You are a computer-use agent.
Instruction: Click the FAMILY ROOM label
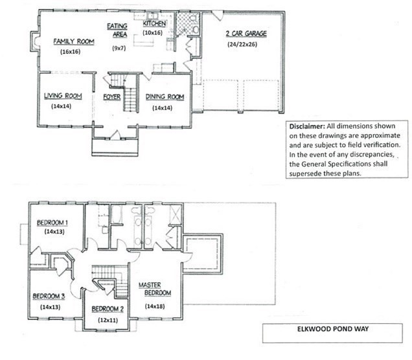pyautogui.click(x=74, y=41)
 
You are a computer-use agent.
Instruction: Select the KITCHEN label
pyautogui.click(x=155, y=23)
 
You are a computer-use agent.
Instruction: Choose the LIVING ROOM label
pyautogui.click(x=63, y=96)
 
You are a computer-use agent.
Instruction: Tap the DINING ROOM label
pyautogui.click(x=165, y=97)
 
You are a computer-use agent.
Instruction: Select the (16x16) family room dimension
pyautogui.click(x=71, y=51)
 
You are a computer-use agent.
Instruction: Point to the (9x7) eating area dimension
pyautogui.click(x=119, y=49)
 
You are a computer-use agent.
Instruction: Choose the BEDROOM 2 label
pyautogui.click(x=108, y=308)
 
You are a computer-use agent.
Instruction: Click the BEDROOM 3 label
pyautogui.click(x=49, y=297)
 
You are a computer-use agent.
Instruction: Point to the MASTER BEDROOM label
pyautogui.click(x=155, y=289)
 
